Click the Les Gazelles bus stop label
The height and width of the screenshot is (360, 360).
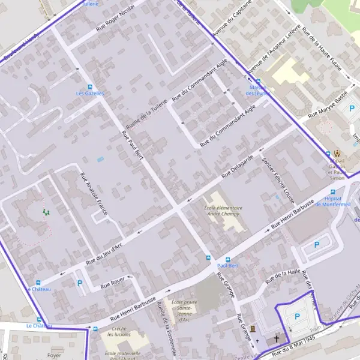tap(90, 94)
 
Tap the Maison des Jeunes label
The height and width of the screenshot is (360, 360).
tap(258, 90)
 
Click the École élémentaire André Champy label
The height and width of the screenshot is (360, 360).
tap(224, 211)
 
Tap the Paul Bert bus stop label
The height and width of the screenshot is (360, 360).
tap(228, 265)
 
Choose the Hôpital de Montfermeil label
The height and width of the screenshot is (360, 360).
tap(337, 202)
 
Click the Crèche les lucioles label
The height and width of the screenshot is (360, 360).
tap(118, 331)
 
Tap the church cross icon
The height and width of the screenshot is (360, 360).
tap(277, 338)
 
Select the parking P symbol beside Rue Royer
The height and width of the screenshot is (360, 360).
tap(80, 283)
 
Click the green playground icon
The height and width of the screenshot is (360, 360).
tap(45, 211)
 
